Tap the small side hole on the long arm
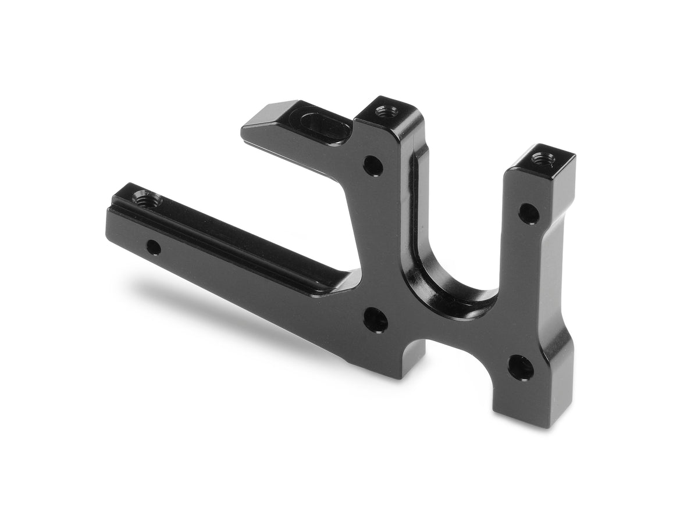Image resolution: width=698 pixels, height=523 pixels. (153, 248)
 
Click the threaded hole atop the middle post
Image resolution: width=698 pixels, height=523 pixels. (384, 110)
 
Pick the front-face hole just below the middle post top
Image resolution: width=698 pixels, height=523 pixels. (373, 167)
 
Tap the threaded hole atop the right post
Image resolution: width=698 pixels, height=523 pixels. (542, 157)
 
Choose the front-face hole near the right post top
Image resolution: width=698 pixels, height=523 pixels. (528, 213)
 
